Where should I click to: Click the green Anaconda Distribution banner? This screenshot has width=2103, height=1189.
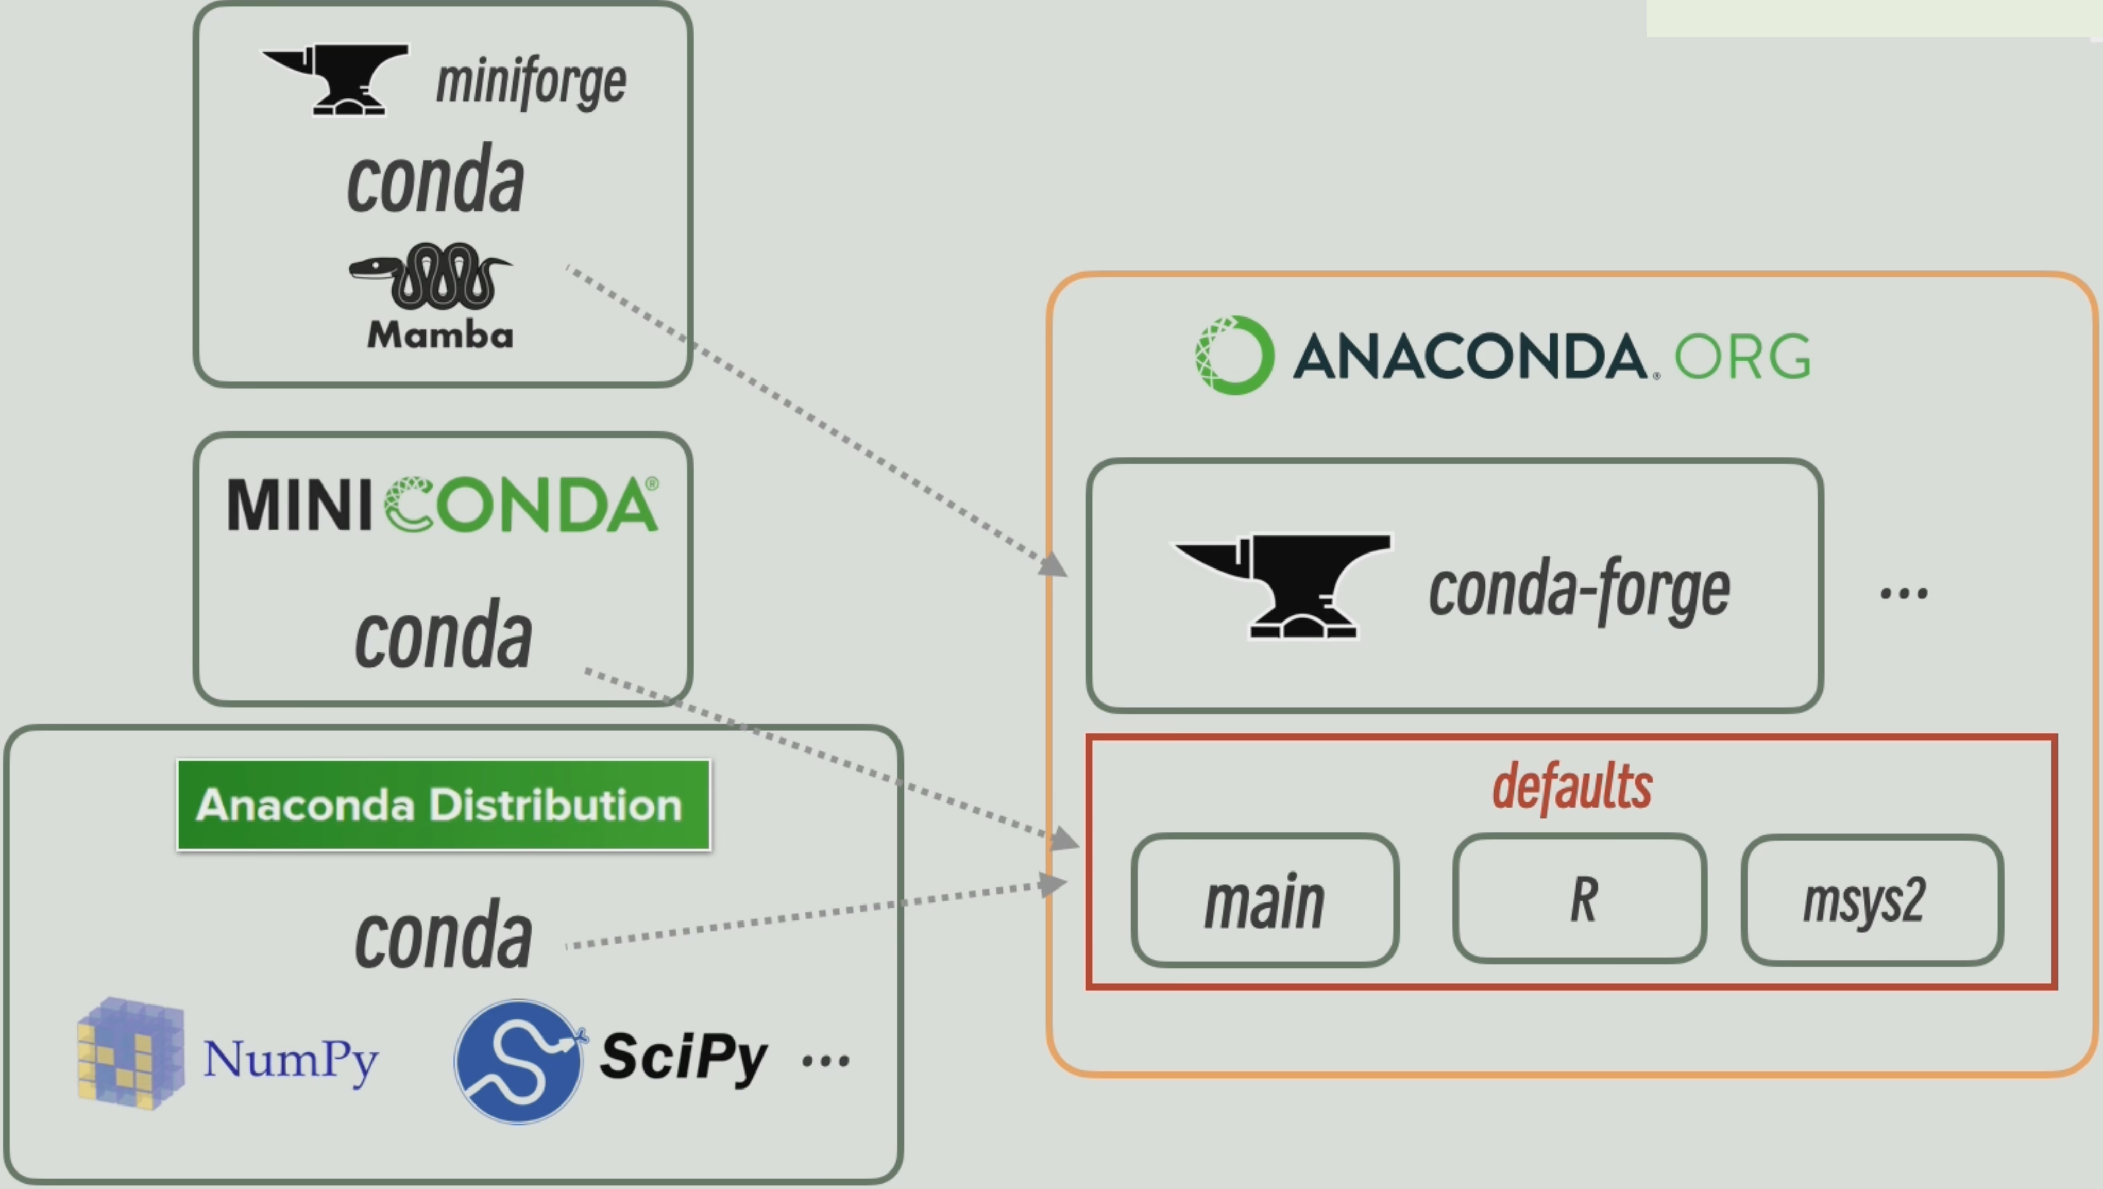[x=443, y=805]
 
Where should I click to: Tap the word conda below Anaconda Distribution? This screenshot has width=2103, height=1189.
[x=443, y=935]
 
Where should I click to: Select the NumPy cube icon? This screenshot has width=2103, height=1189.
[x=131, y=1053]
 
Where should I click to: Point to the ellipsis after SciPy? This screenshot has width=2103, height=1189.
[x=825, y=1062]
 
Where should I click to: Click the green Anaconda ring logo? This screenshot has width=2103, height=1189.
[x=1233, y=355]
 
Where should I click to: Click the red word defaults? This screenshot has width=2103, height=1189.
[x=1571, y=786]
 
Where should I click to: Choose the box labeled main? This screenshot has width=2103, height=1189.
[x=1265, y=900]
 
